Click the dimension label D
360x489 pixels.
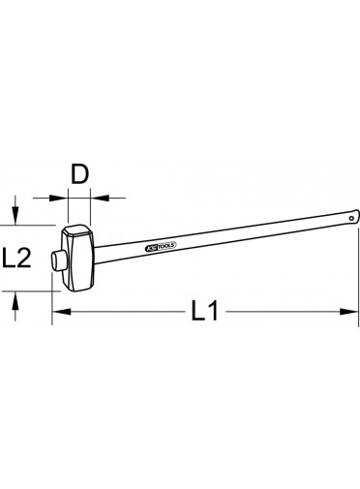[79, 174]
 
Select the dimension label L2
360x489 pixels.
[16, 258]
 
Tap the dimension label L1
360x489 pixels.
[205, 311]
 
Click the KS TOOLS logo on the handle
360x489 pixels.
[160, 246]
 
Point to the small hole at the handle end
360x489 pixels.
[351, 218]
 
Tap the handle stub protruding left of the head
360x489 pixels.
[57, 261]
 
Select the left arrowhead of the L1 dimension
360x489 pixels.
[61, 312]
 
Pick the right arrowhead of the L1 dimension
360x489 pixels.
[349, 312]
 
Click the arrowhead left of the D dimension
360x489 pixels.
[59, 198]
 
